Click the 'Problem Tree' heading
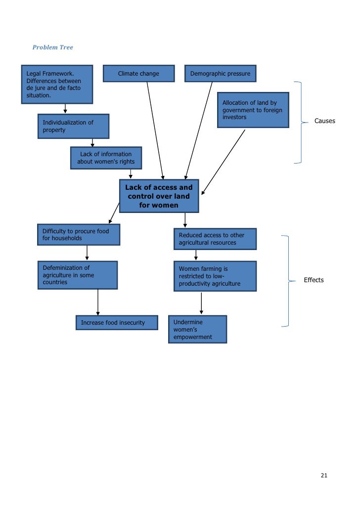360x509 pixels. (52, 47)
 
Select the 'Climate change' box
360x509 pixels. (139, 74)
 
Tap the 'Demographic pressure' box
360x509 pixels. (220, 74)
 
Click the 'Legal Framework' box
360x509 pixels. (57, 85)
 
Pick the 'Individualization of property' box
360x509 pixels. (73, 126)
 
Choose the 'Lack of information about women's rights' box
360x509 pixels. (106, 158)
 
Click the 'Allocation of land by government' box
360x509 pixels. (253, 110)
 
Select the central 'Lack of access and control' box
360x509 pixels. (159, 196)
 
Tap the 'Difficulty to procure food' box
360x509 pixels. (79, 235)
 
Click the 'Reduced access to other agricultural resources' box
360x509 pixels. (215, 239)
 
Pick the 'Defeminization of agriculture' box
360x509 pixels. (78, 275)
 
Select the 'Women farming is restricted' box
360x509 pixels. (215, 276)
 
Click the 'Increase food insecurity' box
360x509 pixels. (117, 323)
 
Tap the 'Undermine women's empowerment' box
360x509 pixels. (197, 329)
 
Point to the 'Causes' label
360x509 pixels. (324, 121)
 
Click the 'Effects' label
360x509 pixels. (314, 280)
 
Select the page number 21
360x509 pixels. (324, 475)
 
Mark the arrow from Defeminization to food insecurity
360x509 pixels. (98, 302)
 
